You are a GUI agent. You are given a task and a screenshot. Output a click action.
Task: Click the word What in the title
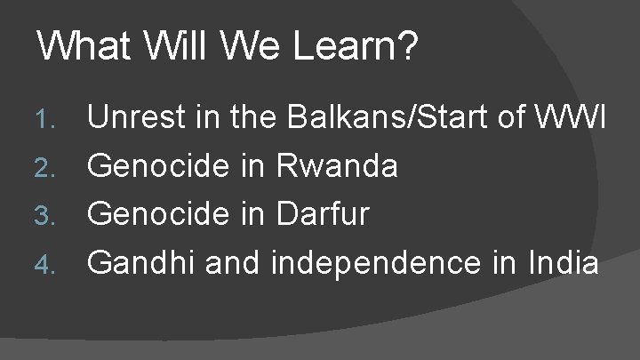(x=79, y=46)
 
